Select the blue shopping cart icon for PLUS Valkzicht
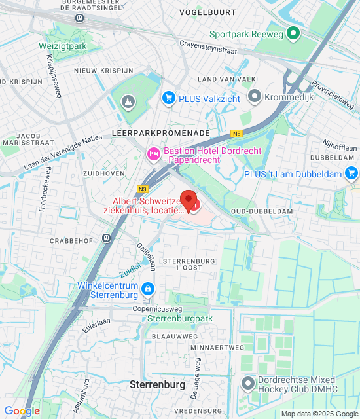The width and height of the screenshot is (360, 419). point(169,98)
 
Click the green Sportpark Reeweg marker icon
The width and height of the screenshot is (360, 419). point(294,33)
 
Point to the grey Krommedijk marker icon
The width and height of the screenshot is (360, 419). point(254,98)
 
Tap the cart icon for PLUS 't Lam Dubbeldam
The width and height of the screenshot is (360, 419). point(352,173)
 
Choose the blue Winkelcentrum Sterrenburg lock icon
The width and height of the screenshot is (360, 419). point(149,288)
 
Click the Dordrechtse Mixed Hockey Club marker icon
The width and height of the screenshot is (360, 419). point(248,383)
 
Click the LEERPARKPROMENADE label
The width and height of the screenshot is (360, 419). point(161,132)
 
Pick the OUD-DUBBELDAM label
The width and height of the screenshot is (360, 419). point(261,211)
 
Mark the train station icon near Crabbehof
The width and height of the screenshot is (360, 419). point(105,238)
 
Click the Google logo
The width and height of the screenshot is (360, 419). point(22,411)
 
